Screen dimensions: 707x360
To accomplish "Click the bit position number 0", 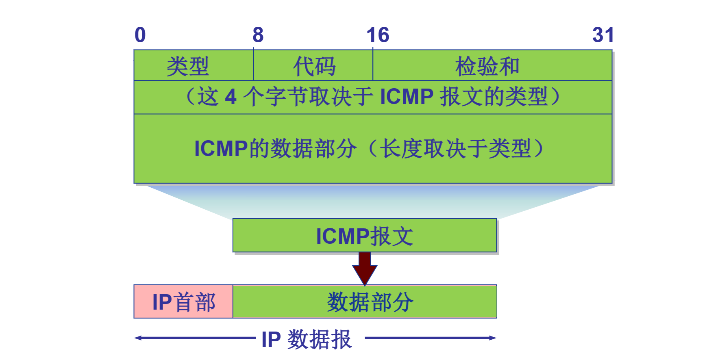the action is click(x=140, y=35).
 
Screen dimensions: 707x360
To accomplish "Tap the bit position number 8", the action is click(x=258, y=35).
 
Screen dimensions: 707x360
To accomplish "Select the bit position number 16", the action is click(x=378, y=35).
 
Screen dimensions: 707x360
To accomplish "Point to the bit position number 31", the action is click(x=603, y=35).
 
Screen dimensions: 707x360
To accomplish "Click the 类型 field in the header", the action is click(x=194, y=65).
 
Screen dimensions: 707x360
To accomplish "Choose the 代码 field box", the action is click(x=313, y=65).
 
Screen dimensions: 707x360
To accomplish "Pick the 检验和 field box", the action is click(x=492, y=65).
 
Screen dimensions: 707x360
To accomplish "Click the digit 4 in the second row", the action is click(x=231, y=97).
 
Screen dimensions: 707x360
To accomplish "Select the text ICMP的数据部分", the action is click(x=275, y=148).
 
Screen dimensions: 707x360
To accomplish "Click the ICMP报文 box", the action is click(x=365, y=236).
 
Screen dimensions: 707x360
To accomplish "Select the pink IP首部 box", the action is click(x=183, y=301).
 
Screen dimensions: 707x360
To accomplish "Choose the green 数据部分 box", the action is click(x=365, y=301).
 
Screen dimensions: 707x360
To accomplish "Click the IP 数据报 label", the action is click(x=307, y=339).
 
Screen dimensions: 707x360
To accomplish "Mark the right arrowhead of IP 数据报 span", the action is click(x=493, y=338).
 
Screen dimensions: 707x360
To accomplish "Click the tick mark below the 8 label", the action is click(x=253, y=49).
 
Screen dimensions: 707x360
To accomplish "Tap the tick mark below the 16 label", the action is click(x=373, y=49).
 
